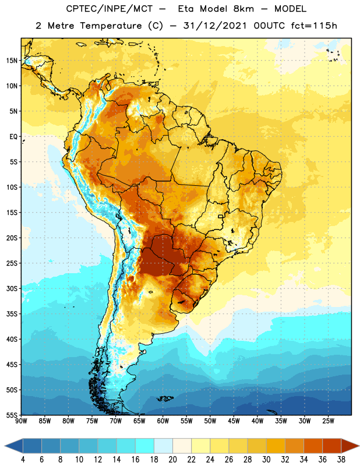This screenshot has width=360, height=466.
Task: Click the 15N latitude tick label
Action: (x=12, y=61)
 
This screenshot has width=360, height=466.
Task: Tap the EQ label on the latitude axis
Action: (x=13, y=137)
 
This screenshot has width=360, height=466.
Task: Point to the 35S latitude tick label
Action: (x=12, y=314)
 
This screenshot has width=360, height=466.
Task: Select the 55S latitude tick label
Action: (x=12, y=415)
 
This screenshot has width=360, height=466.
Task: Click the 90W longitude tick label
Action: (x=21, y=421)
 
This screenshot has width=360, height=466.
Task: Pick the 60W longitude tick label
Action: (x=163, y=421)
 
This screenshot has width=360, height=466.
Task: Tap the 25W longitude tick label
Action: (x=328, y=421)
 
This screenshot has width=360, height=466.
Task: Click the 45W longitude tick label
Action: (x=234, y=421)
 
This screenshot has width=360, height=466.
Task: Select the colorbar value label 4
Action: (x=23, y=460)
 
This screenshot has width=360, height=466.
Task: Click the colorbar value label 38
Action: (x=341, y=460)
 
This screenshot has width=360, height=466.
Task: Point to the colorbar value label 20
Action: (x=172, y=460)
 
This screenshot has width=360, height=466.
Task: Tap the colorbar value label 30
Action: (x=266, y=460)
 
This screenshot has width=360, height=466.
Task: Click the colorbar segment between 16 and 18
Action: (x=145, y=446)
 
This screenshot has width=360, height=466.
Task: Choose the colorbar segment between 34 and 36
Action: (x=313, y=446)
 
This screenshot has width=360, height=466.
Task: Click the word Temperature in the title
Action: (x=111, y=26)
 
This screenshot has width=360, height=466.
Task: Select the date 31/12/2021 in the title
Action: (x=215, y=26)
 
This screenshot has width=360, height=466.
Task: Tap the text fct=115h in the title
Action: (x=314, y=26)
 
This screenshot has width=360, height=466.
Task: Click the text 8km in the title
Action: (x=243, y=9)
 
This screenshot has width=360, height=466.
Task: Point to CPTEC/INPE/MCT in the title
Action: (x=109, y=9)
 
